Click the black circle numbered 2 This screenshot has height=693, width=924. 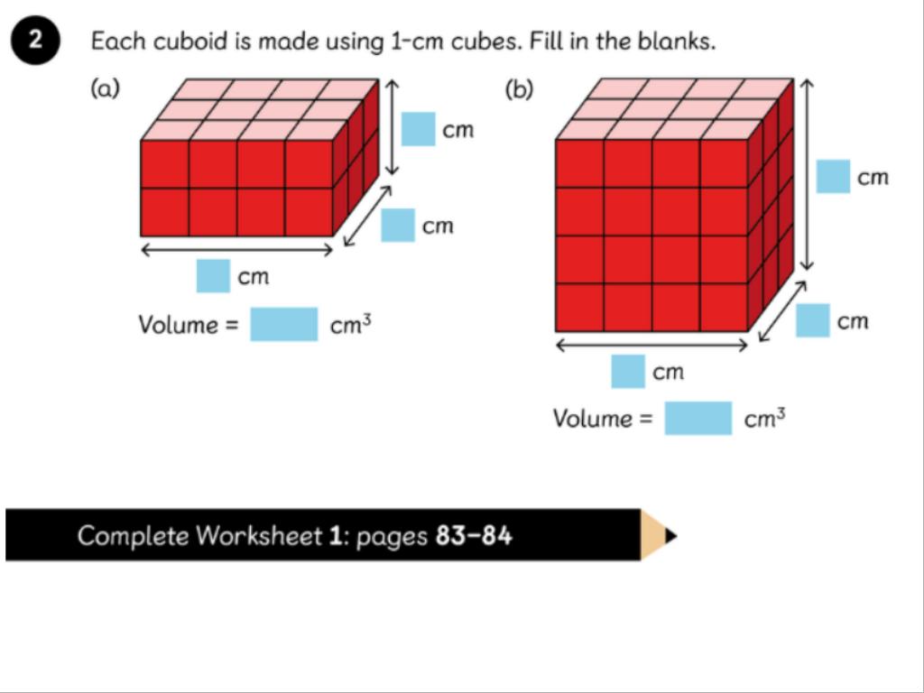tap(34, 42)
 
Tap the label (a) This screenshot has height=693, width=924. tap(105, 88)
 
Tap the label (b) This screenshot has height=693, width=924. tap(519, 88)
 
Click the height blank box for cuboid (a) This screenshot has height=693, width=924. tap(418, 129)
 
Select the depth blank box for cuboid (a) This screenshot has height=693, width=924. tap(398, 225)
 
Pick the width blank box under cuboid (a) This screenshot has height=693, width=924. tap(213, 275)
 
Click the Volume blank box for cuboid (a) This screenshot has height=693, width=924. tap(283, 324)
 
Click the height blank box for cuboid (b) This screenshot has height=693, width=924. tap(833, 176)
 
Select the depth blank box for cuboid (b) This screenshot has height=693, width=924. tap(812, 320)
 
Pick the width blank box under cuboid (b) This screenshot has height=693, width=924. tap(628, 371)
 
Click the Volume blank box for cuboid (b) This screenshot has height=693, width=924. tap(698, 418)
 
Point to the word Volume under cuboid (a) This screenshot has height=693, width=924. tap(179, 325)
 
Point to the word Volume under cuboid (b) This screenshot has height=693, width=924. tap(594, 419)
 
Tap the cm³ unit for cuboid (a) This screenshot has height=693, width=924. tap(350, 325)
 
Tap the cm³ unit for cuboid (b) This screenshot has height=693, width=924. tap(765, 419)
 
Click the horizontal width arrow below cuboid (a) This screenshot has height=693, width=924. tap(237, 250)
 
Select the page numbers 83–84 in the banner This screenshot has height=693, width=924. tap(474, 536)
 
